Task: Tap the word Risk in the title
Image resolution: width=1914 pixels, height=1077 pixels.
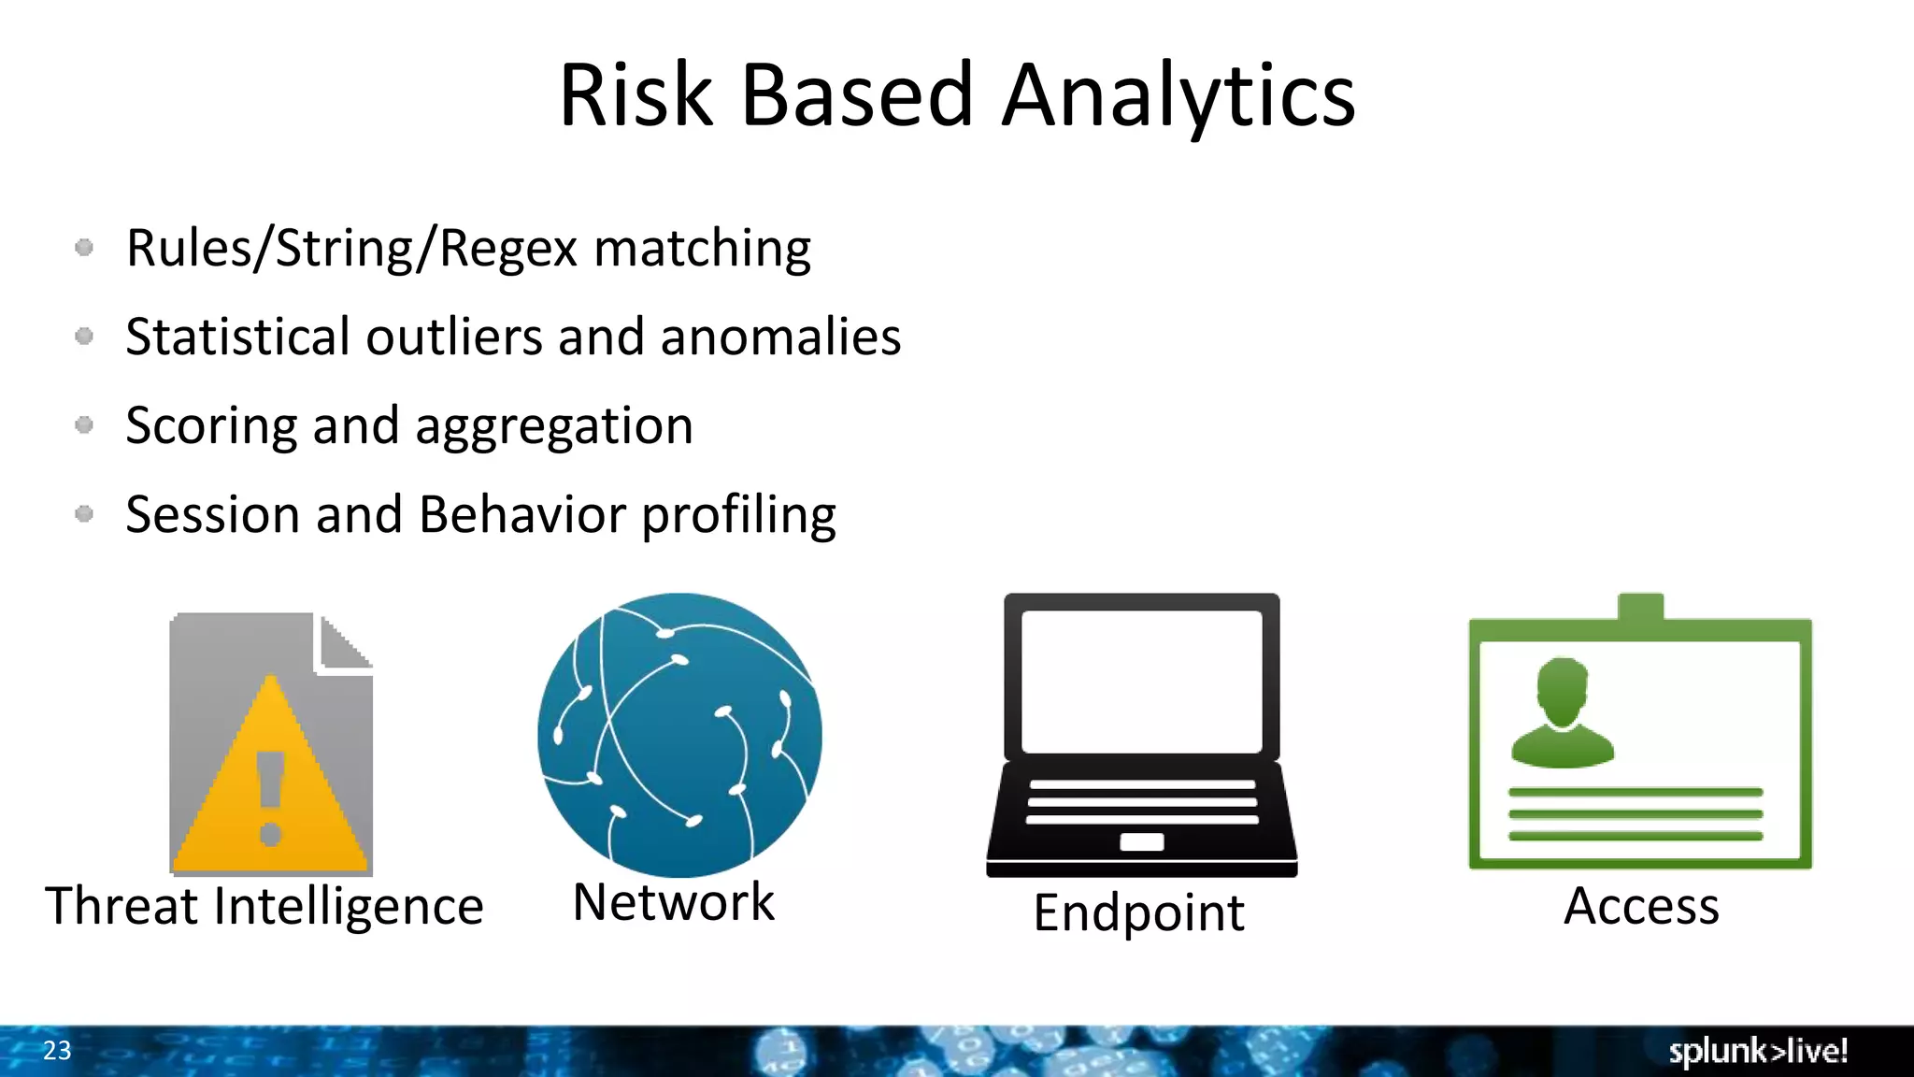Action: pos(636,95)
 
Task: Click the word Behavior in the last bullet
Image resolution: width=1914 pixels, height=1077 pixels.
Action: pos(522,514)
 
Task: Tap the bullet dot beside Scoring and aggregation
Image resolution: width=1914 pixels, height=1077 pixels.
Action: pos(84,425)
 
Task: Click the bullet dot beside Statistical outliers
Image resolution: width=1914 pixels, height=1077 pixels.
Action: pos(84,336)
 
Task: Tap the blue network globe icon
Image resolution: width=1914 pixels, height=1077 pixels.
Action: pos(679,735)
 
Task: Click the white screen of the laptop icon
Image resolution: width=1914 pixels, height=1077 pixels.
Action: pos(1141,681)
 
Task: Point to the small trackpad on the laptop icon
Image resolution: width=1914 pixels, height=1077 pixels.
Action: pos(1141,841)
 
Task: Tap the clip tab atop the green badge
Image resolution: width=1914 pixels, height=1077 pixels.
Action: pos(1640,606)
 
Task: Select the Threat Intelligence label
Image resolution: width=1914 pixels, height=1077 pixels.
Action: pos(264,906)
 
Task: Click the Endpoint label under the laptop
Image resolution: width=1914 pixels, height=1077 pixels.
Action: pos(1138,912)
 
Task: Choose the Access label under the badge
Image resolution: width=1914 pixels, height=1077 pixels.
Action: pos(1641,906)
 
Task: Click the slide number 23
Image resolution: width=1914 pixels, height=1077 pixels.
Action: pos(57,1051)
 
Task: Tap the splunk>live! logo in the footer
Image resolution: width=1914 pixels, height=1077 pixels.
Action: pos(1758,1051)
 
